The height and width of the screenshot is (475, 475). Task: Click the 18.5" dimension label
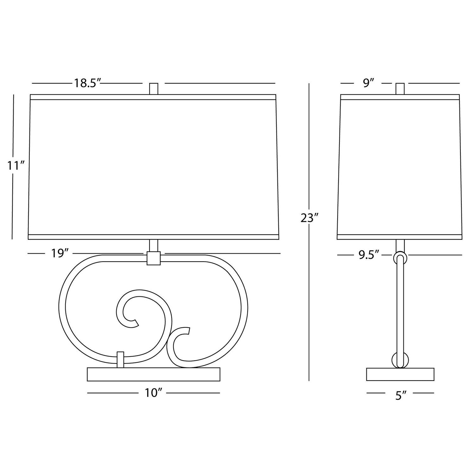point(87,83)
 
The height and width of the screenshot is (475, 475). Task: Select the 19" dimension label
point(59,253)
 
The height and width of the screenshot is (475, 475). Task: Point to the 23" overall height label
point(309,218)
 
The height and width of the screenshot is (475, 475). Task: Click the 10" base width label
point(154,393)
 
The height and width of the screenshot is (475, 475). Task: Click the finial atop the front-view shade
point(154,89)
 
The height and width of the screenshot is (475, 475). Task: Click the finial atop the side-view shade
point(400,89)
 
